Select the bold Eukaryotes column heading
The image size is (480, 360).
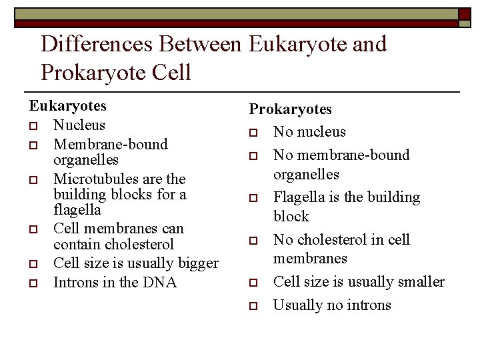click(67, 106)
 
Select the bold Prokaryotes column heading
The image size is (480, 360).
click(290, 109)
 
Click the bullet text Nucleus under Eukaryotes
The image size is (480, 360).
click(79, 125)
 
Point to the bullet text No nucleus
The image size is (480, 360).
click(309, 132)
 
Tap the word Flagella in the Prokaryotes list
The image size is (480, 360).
click(300, 197)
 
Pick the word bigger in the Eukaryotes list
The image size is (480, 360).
click(196, 263)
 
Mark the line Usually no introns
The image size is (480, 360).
click(332, 305)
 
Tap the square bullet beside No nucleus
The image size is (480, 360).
click(253, 133)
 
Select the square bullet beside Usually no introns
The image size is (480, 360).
click(253, 306)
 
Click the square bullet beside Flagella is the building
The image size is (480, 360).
click(253, 198)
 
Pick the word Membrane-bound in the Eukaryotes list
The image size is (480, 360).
click(110, 145)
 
